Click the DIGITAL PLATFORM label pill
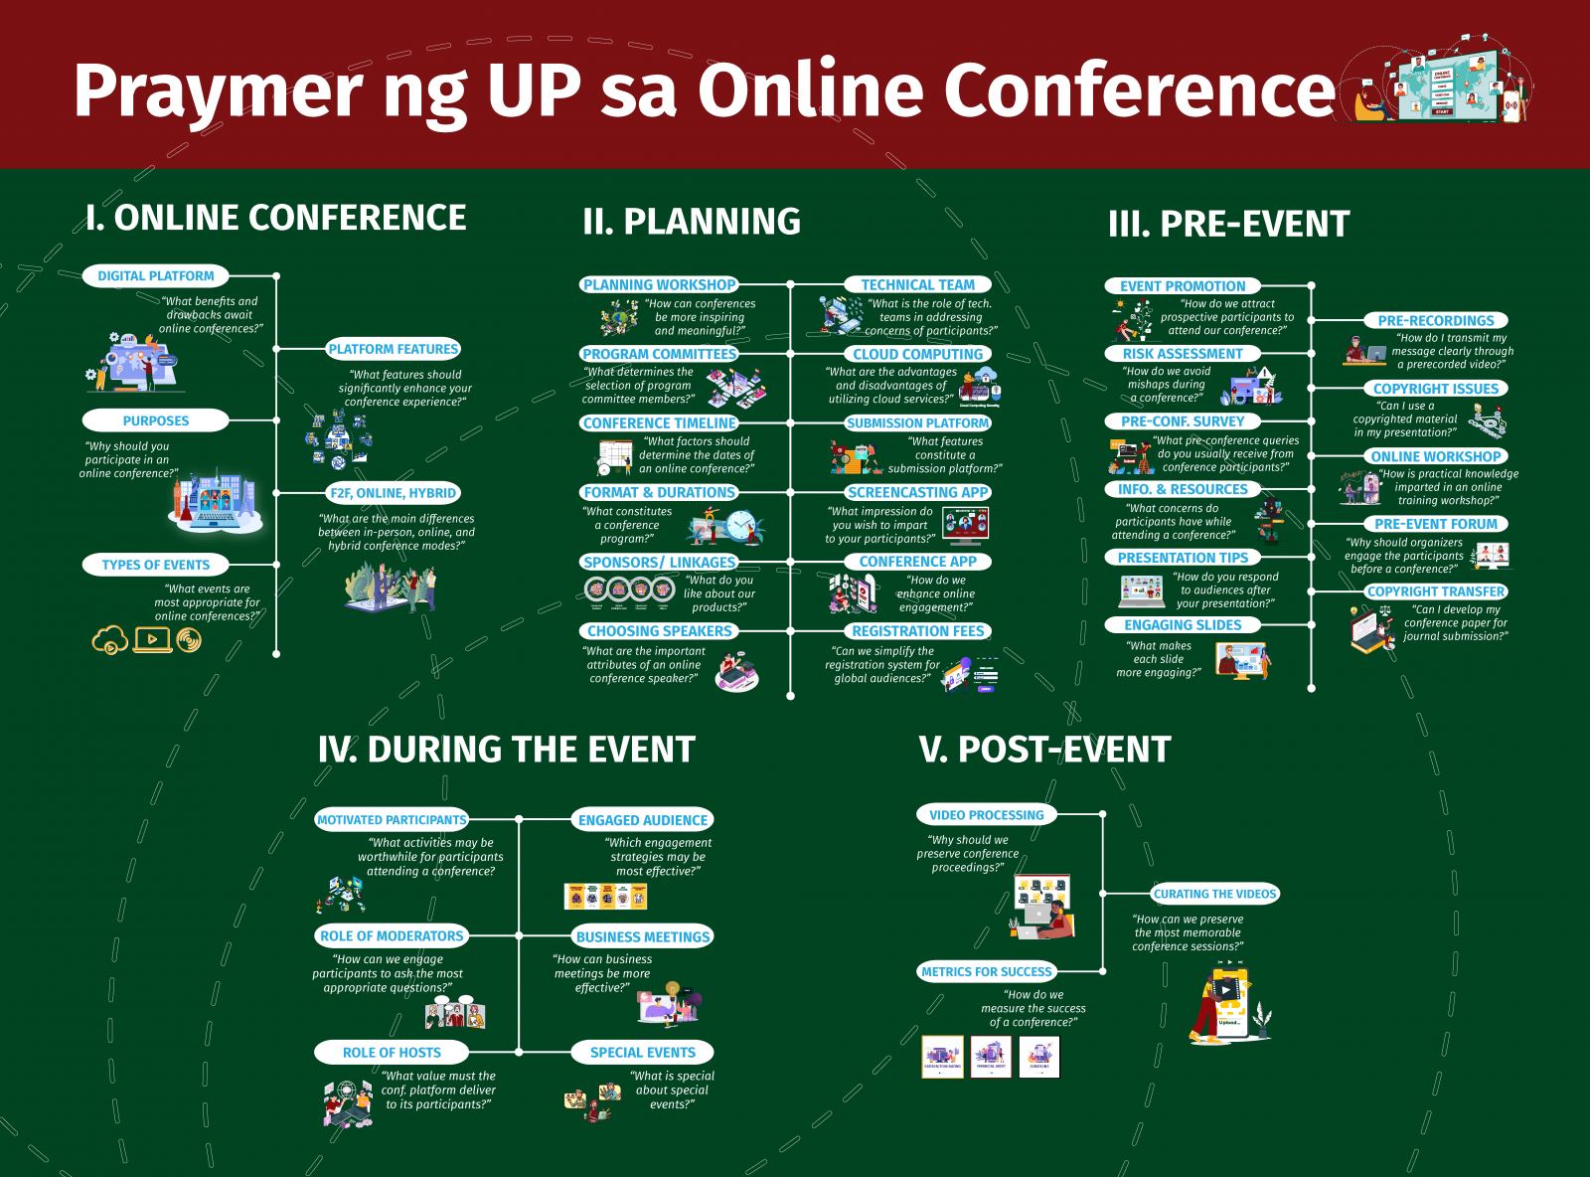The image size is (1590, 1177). tap(156, 276)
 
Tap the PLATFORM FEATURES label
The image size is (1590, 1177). tap(394, 349)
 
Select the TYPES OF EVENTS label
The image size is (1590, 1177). tap(156, 565)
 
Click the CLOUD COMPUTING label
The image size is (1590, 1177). tap(917, 354)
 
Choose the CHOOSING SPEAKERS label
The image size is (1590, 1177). tap(659, 631)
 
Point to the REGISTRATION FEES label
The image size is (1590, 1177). tap(917, 631)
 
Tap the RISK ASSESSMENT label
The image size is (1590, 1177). tap(1183, 354)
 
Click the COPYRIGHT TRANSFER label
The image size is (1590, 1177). tap(1436, 591)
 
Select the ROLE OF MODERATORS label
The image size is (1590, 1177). tap(392, 936)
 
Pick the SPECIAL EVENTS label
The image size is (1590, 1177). tap(643, 1053)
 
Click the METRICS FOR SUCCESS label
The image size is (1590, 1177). tap(986, 972)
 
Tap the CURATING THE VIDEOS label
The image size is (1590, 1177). tap(1214, 894)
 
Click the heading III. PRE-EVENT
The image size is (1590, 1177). tap(1228, 225)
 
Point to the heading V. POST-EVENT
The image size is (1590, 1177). tap(1044, 750)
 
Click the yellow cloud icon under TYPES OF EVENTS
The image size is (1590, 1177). tap(108, 640)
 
